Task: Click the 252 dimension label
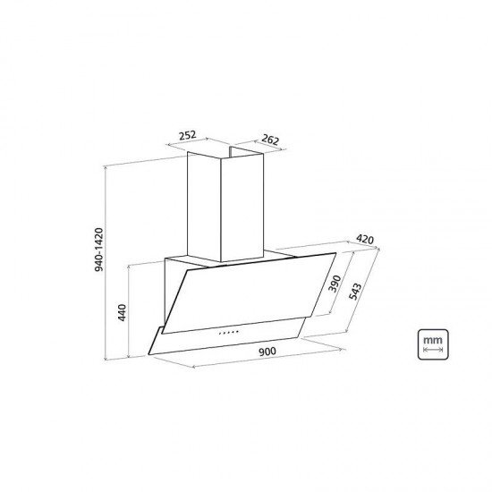(x=187, y=136)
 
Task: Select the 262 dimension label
(x=270, y=140)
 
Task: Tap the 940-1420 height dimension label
(x=98, y=250)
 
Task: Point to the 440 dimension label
(x=122, y=312)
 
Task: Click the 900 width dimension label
(x=267, y=352)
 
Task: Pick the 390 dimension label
(x=335, y=284)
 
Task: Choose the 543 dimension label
(x=355, y=292)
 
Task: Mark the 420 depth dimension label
(x=365, y=240)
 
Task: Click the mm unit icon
(x=433, y=344)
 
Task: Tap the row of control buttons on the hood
(x=228, y=333)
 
